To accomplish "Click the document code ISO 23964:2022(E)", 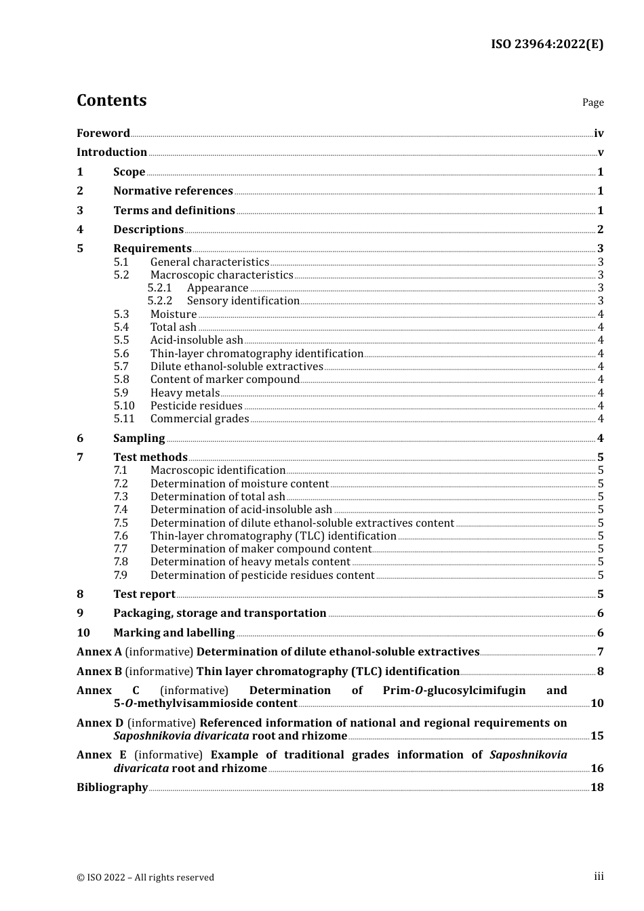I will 546,45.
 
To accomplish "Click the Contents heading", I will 111,100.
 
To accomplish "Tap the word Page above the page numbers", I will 592,102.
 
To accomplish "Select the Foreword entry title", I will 103,134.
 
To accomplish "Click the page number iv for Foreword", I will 599,134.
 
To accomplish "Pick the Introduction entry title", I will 112,153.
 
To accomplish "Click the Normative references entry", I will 173,191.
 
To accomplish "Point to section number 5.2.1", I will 160,288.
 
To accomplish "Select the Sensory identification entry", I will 243,301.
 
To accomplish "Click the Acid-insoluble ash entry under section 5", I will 197,340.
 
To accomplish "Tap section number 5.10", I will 124,406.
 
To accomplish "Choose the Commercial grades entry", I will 199,419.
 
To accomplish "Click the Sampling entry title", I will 139,439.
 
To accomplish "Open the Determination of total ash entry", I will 218,497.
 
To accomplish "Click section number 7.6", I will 121,536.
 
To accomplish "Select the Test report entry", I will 144,594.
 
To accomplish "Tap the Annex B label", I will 99,672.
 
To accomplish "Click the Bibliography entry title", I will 112,788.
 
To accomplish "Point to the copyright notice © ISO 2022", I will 145,877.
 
